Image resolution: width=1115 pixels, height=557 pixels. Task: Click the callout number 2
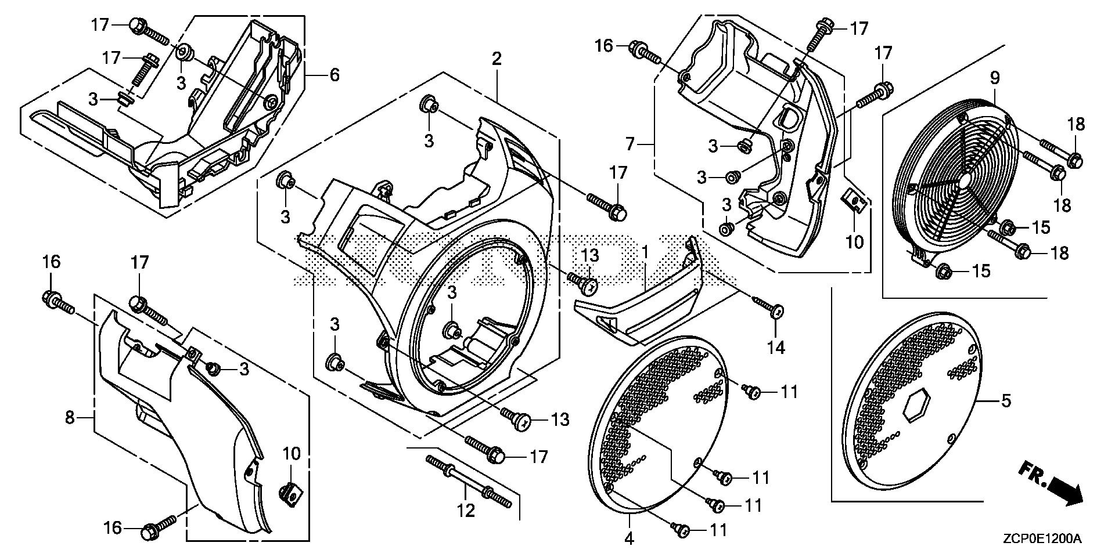pyautogui.click(x=496, y=59)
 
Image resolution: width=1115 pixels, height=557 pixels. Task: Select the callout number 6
pyautogui.click(x=334, y=75)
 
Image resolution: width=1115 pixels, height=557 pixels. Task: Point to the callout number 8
pyautogui.click(x=70, y=417)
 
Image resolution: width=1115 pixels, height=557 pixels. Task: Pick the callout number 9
pyautogui.click(x=995, y=78)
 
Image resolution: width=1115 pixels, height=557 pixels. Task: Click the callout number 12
pyautogui.click(x=466, y=510)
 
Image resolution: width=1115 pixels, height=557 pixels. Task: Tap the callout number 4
pyautogui.click(x=629, y=539)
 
